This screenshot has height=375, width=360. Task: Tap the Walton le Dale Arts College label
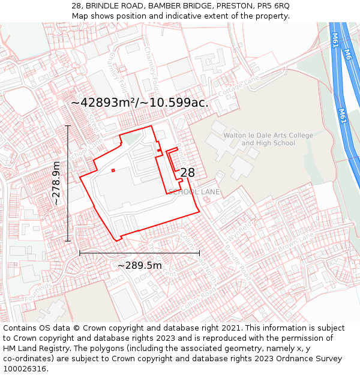click(x=268, y=139)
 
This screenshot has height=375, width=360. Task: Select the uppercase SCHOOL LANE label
click(x=194, y=192)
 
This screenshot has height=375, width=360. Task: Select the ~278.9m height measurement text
click(x=56, y=184)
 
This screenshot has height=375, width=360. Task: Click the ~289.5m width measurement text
click(x=139, y=265)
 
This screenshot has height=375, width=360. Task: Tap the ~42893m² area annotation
click(x=140, y=103)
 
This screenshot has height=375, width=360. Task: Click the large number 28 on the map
click(x=187, y=173)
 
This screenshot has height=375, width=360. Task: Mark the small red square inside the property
click(x=113, y=170)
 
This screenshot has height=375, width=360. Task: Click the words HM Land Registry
click(x=34, y=349)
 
